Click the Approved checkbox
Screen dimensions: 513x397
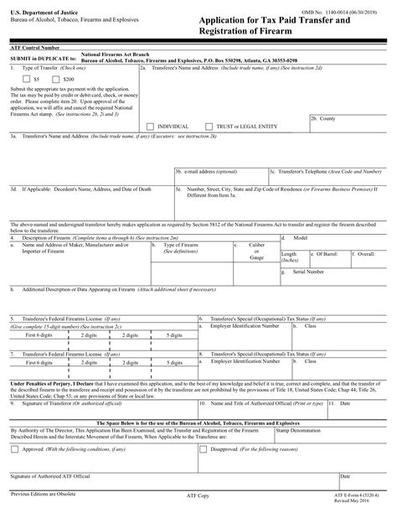coord(15,448)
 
